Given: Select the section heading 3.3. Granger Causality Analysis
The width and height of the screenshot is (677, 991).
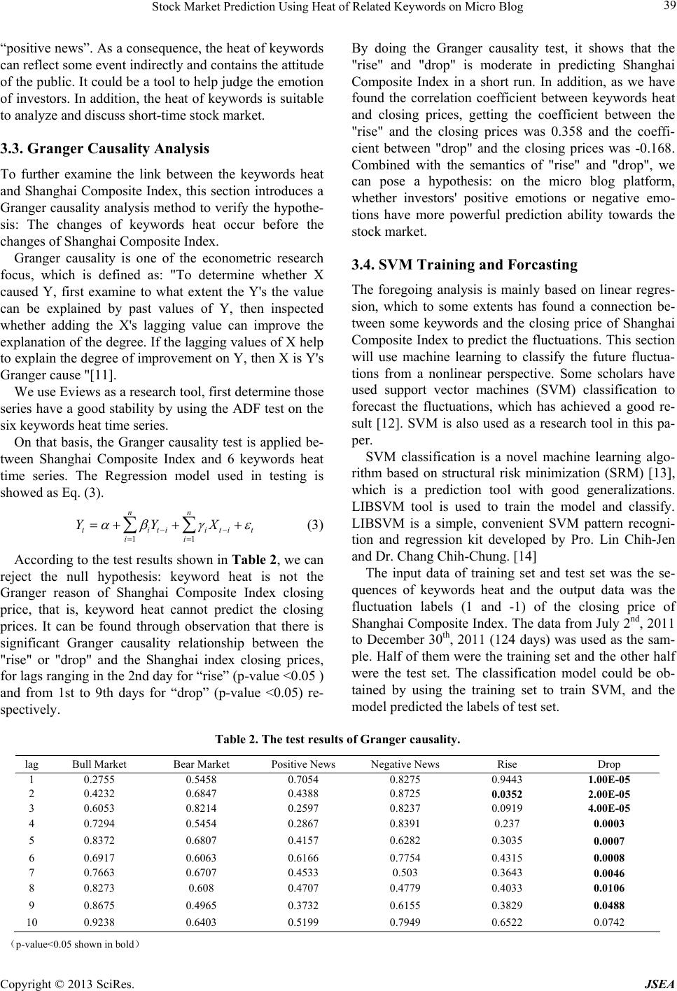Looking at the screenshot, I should pyautogui.click(x=105, y=148).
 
